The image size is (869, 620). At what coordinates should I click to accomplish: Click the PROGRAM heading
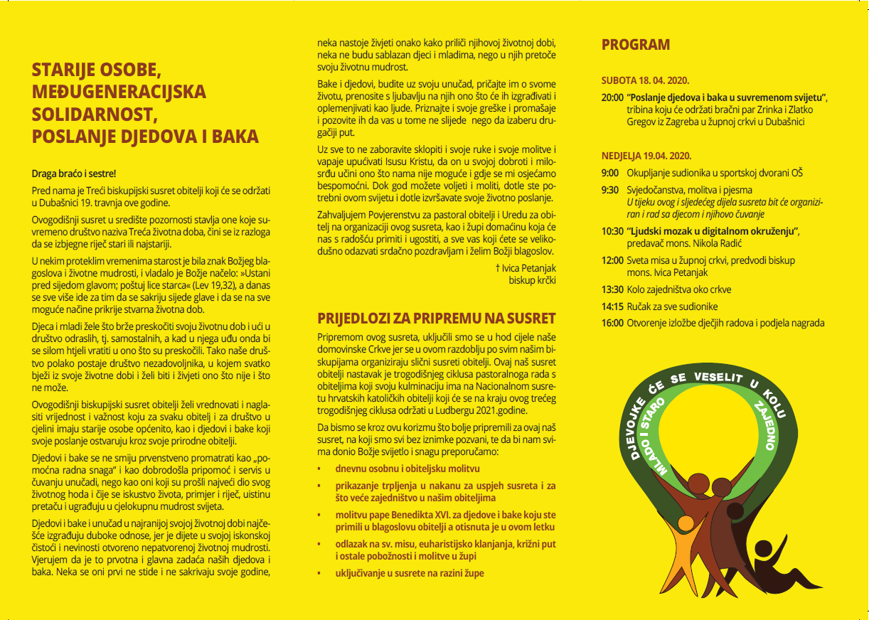(635, 45)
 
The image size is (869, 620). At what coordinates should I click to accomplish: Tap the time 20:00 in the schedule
(612, 96)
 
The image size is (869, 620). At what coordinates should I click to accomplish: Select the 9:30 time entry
(609, 191)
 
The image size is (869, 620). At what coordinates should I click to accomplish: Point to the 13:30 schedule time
(612, 289)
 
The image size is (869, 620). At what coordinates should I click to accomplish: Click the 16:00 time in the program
(612, 323)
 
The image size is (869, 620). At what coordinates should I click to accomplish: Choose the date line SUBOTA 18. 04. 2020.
(645, 80)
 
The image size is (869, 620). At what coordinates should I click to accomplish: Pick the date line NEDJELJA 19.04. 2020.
(646, 156)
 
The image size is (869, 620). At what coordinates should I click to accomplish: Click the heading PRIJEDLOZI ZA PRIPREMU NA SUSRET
(436, 318)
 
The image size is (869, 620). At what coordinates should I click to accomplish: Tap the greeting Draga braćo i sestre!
(73, 173)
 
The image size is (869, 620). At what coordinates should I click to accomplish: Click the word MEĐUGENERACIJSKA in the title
(119, 92)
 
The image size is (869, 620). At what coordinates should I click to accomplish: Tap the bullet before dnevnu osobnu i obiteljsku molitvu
(320, 469)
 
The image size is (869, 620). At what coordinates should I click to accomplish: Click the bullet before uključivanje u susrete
(320, 573)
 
